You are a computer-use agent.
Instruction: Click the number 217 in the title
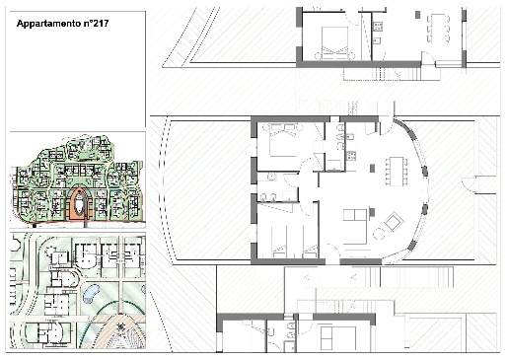tap(100, 24)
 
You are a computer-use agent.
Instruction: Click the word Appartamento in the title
tap(48, 24)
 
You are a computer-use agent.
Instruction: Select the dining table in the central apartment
tap(397, 172)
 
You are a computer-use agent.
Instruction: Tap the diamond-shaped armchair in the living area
tap(394, 222)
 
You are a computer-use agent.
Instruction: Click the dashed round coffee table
tap(379, 234)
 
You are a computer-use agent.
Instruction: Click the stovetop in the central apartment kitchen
tap(350, 156)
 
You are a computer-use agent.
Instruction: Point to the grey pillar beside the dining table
tap(372, 169)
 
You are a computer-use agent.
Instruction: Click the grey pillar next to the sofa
tap(372, 212)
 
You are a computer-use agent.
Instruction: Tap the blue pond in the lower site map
tap(91, 294)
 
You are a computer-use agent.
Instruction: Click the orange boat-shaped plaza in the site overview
tap(79, 204)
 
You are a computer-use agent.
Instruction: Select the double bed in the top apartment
tap(334, 43)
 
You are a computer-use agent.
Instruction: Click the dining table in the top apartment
tap(438, 28)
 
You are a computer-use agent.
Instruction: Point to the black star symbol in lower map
tap(121, 326)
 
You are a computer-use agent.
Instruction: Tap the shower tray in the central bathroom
tap(334, 166)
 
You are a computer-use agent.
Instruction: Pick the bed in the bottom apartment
tap(338, 338)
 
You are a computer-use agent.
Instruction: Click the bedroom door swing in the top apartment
tap(353, 19)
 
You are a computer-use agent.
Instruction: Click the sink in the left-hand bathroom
tap(271, 178)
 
